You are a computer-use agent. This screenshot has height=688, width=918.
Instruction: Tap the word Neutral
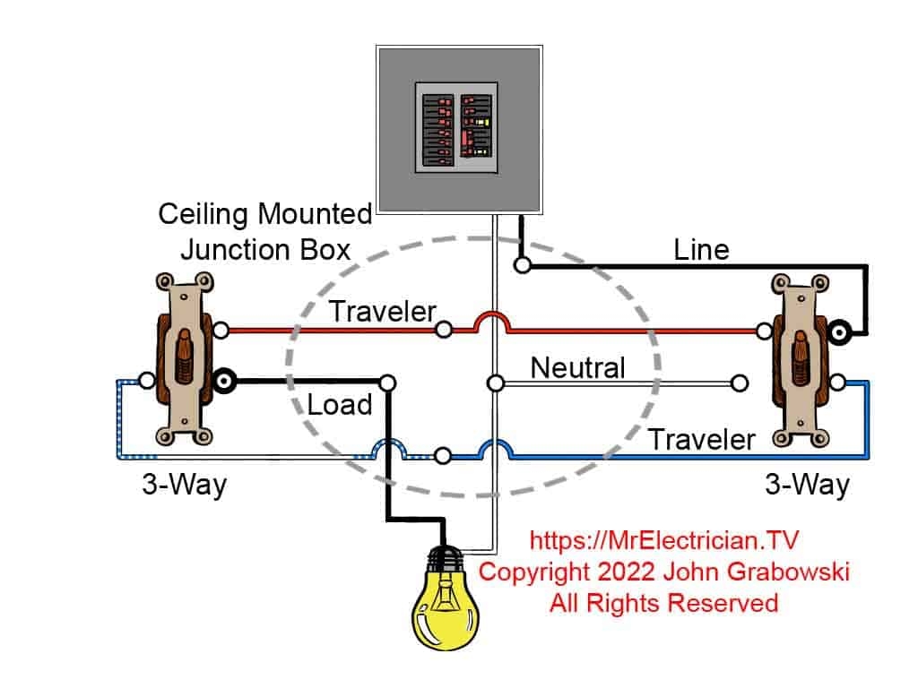577,367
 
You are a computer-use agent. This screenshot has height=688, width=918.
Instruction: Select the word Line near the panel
701,250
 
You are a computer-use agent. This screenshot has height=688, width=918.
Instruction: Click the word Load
339,405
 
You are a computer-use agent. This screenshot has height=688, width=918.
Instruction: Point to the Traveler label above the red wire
382,312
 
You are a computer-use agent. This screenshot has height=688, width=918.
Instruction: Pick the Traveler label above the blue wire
701,439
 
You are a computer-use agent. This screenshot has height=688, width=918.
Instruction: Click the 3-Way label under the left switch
184,485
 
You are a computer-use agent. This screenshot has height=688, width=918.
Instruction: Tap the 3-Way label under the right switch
806,485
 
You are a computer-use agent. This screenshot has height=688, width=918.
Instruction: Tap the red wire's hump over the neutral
492,319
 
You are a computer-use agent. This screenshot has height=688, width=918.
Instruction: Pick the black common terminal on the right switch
840,331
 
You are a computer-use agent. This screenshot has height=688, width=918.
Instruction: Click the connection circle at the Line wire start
522,265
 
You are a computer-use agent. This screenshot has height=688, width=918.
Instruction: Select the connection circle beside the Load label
387,383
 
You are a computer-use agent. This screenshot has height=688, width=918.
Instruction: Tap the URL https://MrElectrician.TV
663,540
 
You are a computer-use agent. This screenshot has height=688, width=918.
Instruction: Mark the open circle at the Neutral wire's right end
739,383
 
